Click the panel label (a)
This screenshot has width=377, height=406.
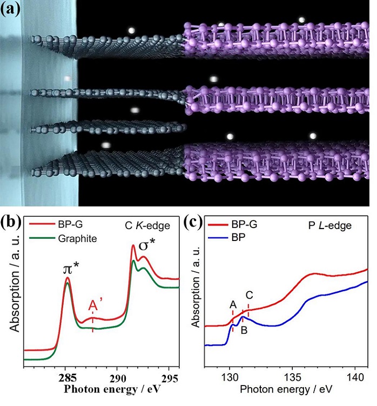[12, 10]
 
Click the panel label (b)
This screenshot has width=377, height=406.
[12, 222]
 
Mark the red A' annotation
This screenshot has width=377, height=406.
[93, 307]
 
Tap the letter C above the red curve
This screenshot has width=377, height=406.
[248, 295]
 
